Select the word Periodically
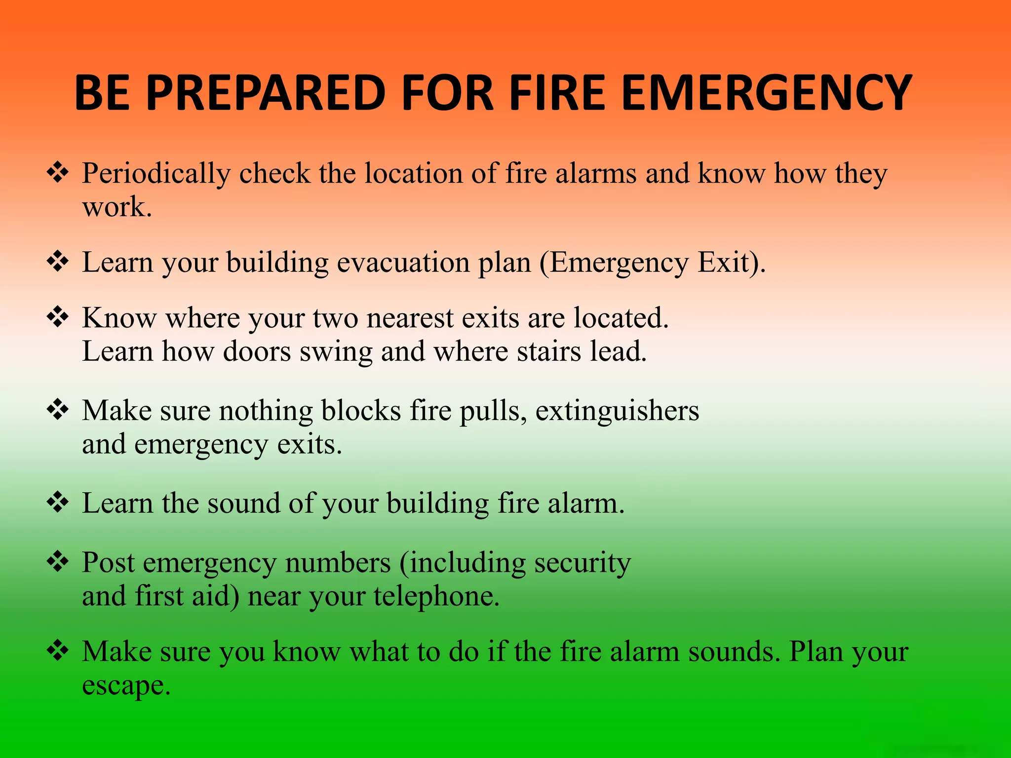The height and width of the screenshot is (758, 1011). tap(156, 174)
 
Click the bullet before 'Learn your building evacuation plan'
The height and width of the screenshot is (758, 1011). tap(58, 262)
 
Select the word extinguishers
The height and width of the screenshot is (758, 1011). tap(617, 411)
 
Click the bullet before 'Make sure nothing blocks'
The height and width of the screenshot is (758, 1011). tap(58, 410)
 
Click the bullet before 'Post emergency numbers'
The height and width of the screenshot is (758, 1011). tap(58, 562)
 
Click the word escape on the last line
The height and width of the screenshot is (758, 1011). tap(125, 686)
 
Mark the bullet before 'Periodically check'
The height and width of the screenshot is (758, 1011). tap(58, 173)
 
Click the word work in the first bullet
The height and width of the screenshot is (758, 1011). tap(116, 207)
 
